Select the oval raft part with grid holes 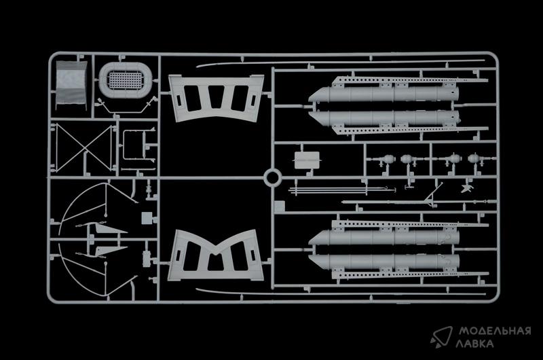[x=125, y=80]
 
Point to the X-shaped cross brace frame [x=83, y=148]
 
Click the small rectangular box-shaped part [x=307, y=160]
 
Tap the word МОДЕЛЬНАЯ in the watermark [x=495, y=331]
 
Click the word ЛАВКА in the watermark [x=474, y=344]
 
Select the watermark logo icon [x=443, y=336]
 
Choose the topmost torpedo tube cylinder [x=383, y=94]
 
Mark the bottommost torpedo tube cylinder [x=383, y=262]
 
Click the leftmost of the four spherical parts [x=388, y=159]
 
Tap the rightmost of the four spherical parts [x=473, y=158]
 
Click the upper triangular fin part [x=109, y=229]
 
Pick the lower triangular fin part [x=109, y=251]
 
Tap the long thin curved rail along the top [x=341, y=62]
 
